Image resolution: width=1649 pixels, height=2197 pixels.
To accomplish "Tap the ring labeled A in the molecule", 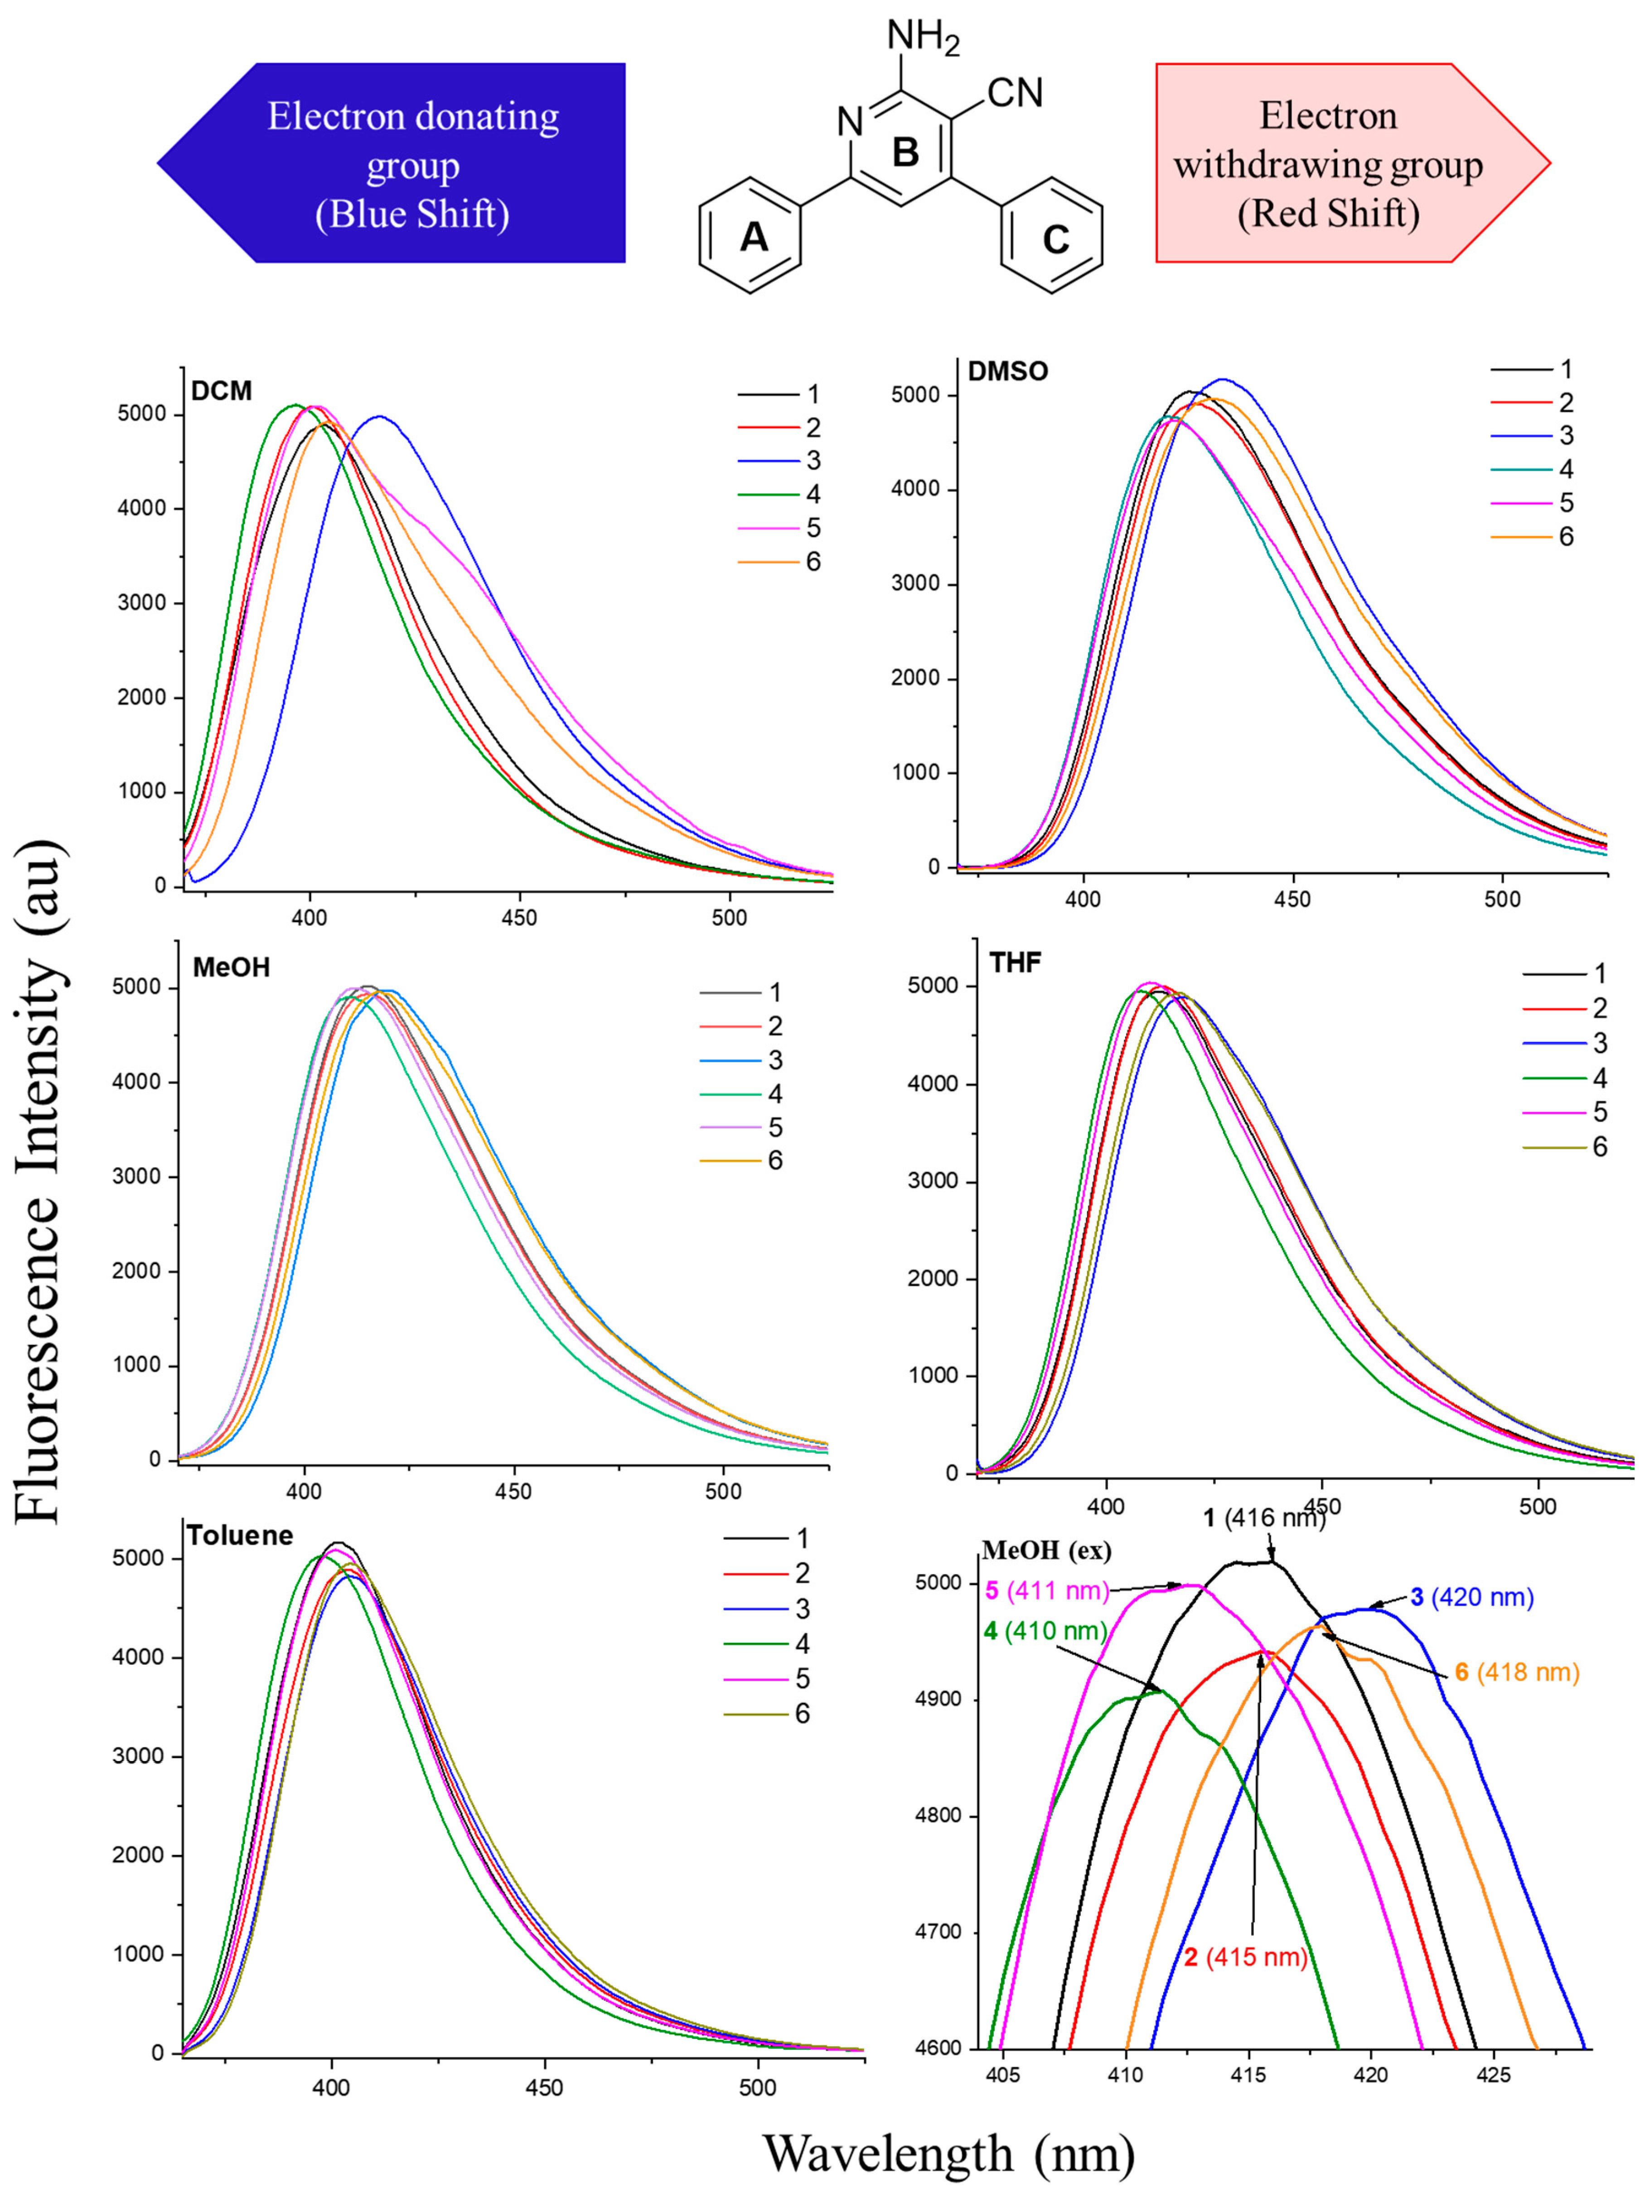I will (x=752, y=236).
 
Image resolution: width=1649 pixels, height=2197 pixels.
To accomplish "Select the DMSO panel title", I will (x=1008, y=371).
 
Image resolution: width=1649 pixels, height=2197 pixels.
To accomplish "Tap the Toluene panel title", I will (x=241, y=1536).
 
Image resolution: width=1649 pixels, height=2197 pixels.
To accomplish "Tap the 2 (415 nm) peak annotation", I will (x=1245, y=1956).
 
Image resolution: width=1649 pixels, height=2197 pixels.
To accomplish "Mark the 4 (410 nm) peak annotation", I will (x=1045, y=1631).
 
